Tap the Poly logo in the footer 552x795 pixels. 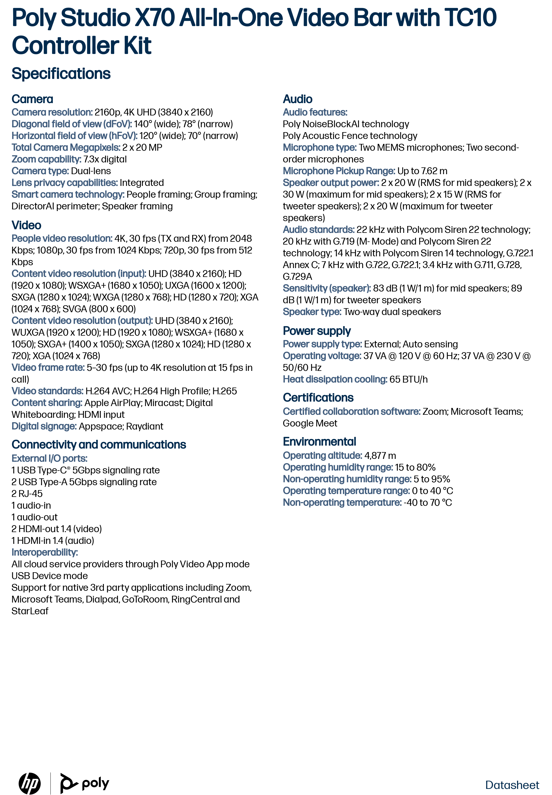[85, 783]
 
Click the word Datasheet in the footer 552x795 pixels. [512, 785]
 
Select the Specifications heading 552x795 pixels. [61, 74]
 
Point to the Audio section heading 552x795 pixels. [297, 99]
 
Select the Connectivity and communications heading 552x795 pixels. [98, 444]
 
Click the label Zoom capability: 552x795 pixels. [46, 159]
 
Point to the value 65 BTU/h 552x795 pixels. [408, 379]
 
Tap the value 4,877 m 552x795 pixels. [380, 455]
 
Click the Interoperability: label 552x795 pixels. [45, 552]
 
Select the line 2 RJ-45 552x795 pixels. [27, 494]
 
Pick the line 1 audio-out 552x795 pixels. [34, 517]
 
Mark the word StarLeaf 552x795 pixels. [30, 611]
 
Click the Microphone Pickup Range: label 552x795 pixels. [339, 171]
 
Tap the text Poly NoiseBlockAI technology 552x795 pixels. [346, 124]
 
